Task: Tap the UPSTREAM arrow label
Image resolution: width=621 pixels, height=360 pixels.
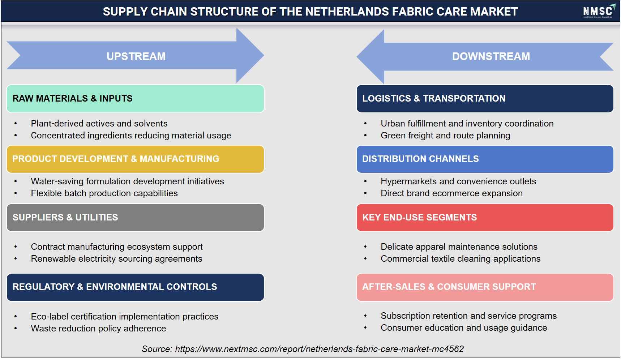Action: click(136, 56)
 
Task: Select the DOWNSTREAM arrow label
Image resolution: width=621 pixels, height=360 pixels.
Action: click(491, 56)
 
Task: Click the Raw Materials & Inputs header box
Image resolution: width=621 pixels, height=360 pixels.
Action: click(135, 99)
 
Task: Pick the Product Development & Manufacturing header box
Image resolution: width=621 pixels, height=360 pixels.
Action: click(135, 159)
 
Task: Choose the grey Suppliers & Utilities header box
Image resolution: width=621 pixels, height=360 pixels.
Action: click(135, 218)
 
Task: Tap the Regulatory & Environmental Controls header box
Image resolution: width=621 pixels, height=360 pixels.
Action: click(135, 287)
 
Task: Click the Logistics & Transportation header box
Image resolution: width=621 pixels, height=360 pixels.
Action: click(485, 99)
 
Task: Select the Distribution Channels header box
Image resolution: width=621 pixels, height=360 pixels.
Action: click(485, 159)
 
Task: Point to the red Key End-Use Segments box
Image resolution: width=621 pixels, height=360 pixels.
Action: click(485, 218)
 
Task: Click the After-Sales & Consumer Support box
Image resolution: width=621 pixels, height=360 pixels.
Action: click(485, 287)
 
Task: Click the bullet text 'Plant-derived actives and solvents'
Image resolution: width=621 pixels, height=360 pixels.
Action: click(99, 124)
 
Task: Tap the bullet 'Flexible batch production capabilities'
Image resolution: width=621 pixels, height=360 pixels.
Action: click(104, 193)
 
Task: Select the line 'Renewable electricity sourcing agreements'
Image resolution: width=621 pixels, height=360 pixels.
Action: click(116, 259)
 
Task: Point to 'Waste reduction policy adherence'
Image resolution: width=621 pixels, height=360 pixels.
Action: click(98, 329)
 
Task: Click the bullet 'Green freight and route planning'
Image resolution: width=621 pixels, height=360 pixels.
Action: click(445, 136)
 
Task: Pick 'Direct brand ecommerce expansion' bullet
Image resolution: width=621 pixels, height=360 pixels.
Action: click(451, 193)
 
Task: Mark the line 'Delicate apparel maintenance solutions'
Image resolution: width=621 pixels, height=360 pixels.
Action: click(459, 247)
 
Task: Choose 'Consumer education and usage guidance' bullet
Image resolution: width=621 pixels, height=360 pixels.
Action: click(464, 328)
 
